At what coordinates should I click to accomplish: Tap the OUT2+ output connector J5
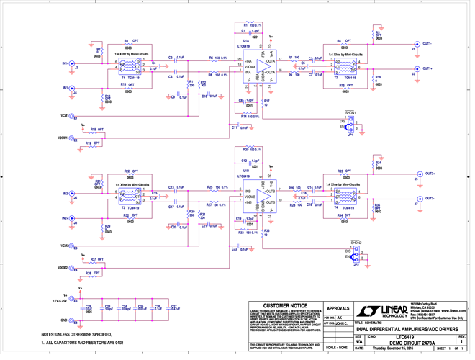point(416,174)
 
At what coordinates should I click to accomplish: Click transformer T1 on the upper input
point(132,67)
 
